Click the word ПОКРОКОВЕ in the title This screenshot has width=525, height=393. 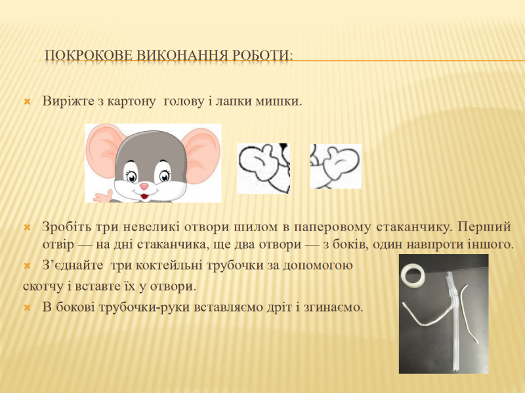click(89, 55)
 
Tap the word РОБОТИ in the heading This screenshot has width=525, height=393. click(262, 55)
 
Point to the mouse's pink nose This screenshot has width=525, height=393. click(144, 186)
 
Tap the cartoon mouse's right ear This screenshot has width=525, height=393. click(201, 155)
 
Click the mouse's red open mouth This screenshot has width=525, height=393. click(144, 196)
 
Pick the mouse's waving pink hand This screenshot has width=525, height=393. click(103, 196)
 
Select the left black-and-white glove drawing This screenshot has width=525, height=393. click(263, 168)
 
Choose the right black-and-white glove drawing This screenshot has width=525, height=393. click(335, 166)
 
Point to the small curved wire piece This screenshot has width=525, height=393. click(469, 312)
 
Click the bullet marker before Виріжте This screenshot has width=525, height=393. click(27, 102)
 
